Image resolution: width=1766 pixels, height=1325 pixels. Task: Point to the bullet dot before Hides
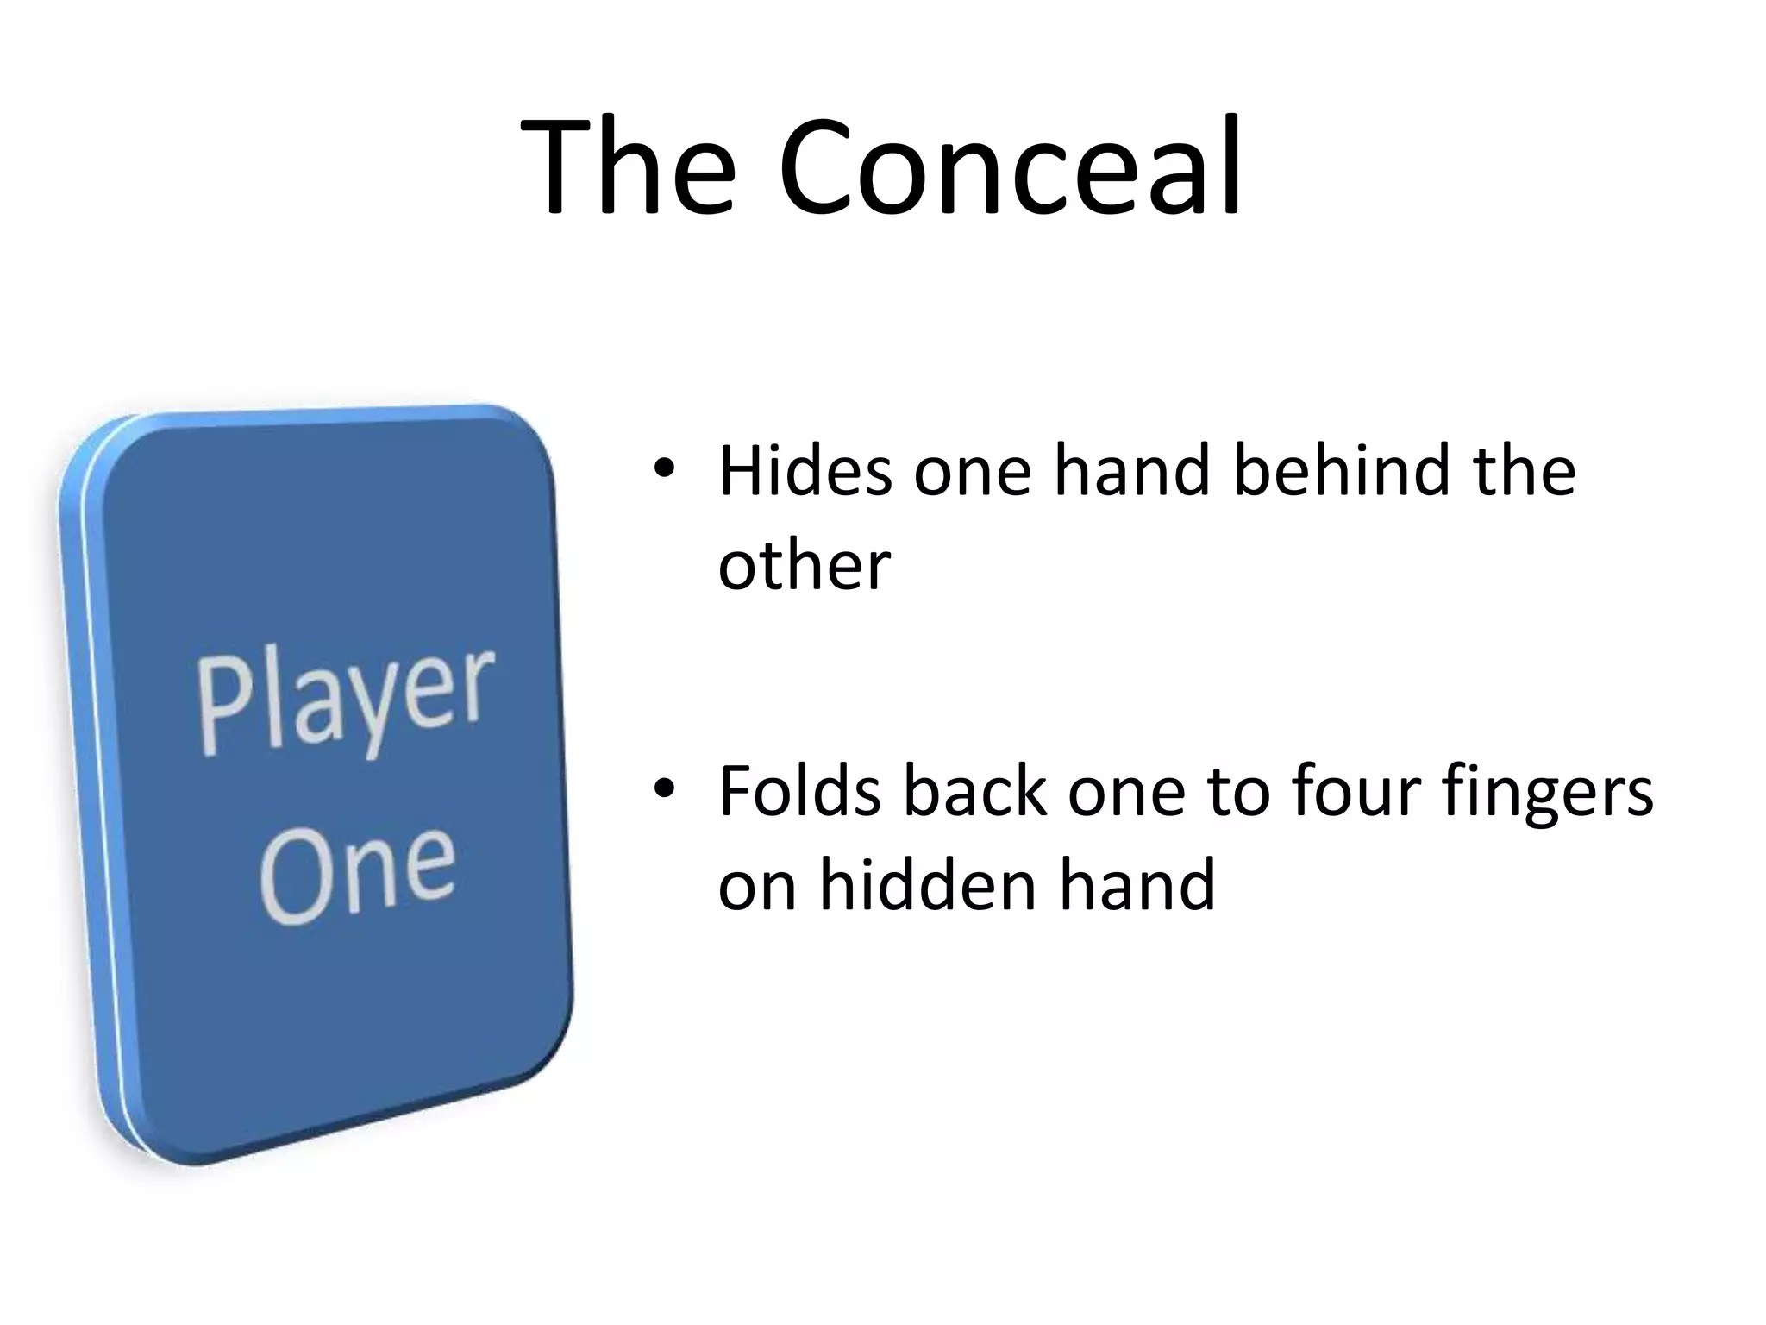(x=663, y=468)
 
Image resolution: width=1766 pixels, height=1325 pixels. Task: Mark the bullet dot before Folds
(x=663, y=788)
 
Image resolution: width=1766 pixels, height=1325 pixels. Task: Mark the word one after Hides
(x=972, y=474)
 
